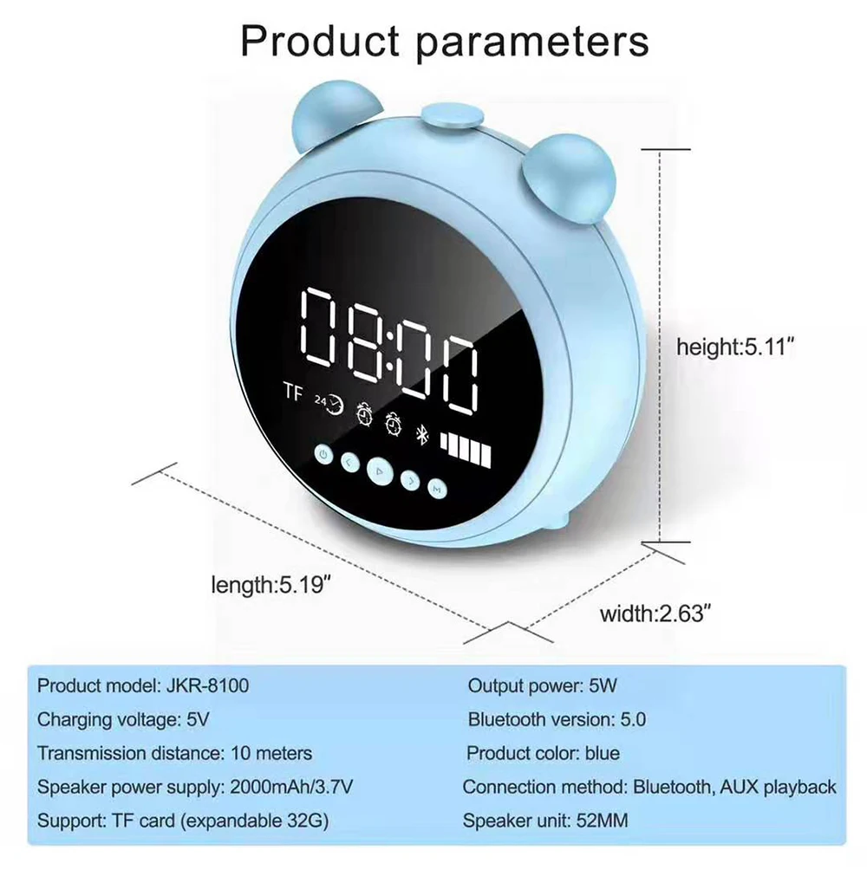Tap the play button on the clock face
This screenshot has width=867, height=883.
[x=377, y=471]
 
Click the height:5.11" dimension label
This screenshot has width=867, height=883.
[x=735, y=347]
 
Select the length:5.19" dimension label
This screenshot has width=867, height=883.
[x=272, y=585]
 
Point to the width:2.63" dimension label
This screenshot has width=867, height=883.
[x=655, y=614]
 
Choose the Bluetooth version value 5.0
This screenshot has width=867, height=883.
[x=633, y=719]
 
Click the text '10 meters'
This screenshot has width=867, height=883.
[x=272, y=753]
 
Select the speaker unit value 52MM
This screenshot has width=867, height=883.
[x=602, y=820]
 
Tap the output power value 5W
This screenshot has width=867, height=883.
[x=602, y=685]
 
